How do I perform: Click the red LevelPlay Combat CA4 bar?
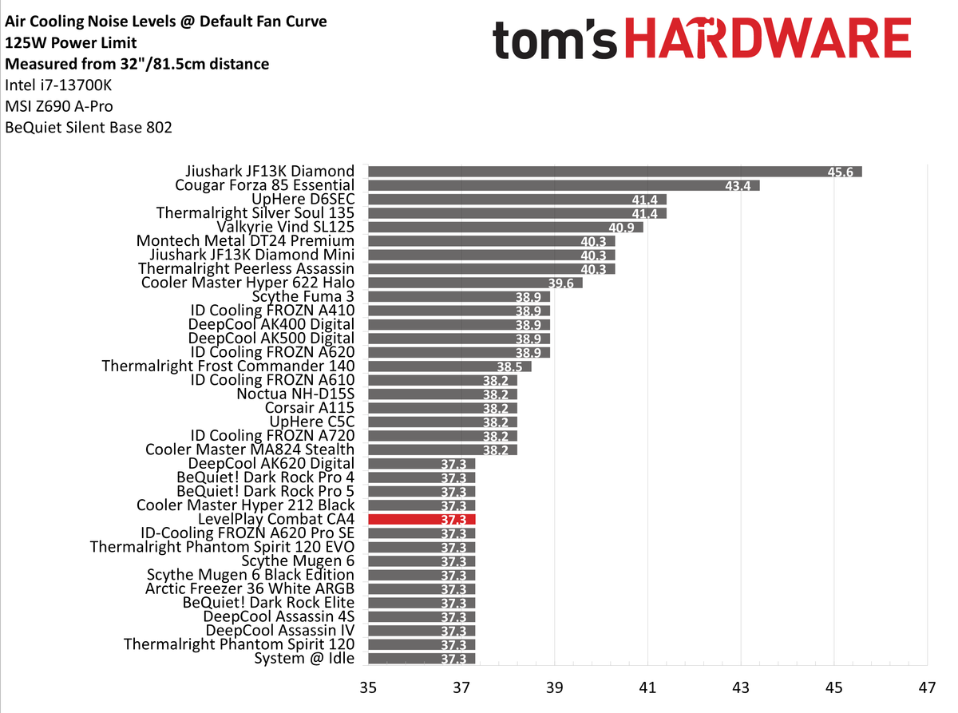point(422,519)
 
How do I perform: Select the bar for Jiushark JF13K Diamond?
point(615,171)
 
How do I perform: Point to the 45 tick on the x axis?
point(833,687)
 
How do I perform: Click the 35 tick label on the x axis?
point(368,687)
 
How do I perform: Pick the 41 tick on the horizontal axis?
point(647,687)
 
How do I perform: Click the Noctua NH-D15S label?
point(295,394)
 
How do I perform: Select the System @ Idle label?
point(304,659)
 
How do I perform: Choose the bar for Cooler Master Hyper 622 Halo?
point(475,283)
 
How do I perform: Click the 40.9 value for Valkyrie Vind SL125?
point(624,228)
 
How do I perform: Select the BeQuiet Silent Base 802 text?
point(89,127)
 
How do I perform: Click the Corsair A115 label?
point(310,408)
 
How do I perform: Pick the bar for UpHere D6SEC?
point(517,199)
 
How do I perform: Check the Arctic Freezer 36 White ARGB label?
point(250,589)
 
